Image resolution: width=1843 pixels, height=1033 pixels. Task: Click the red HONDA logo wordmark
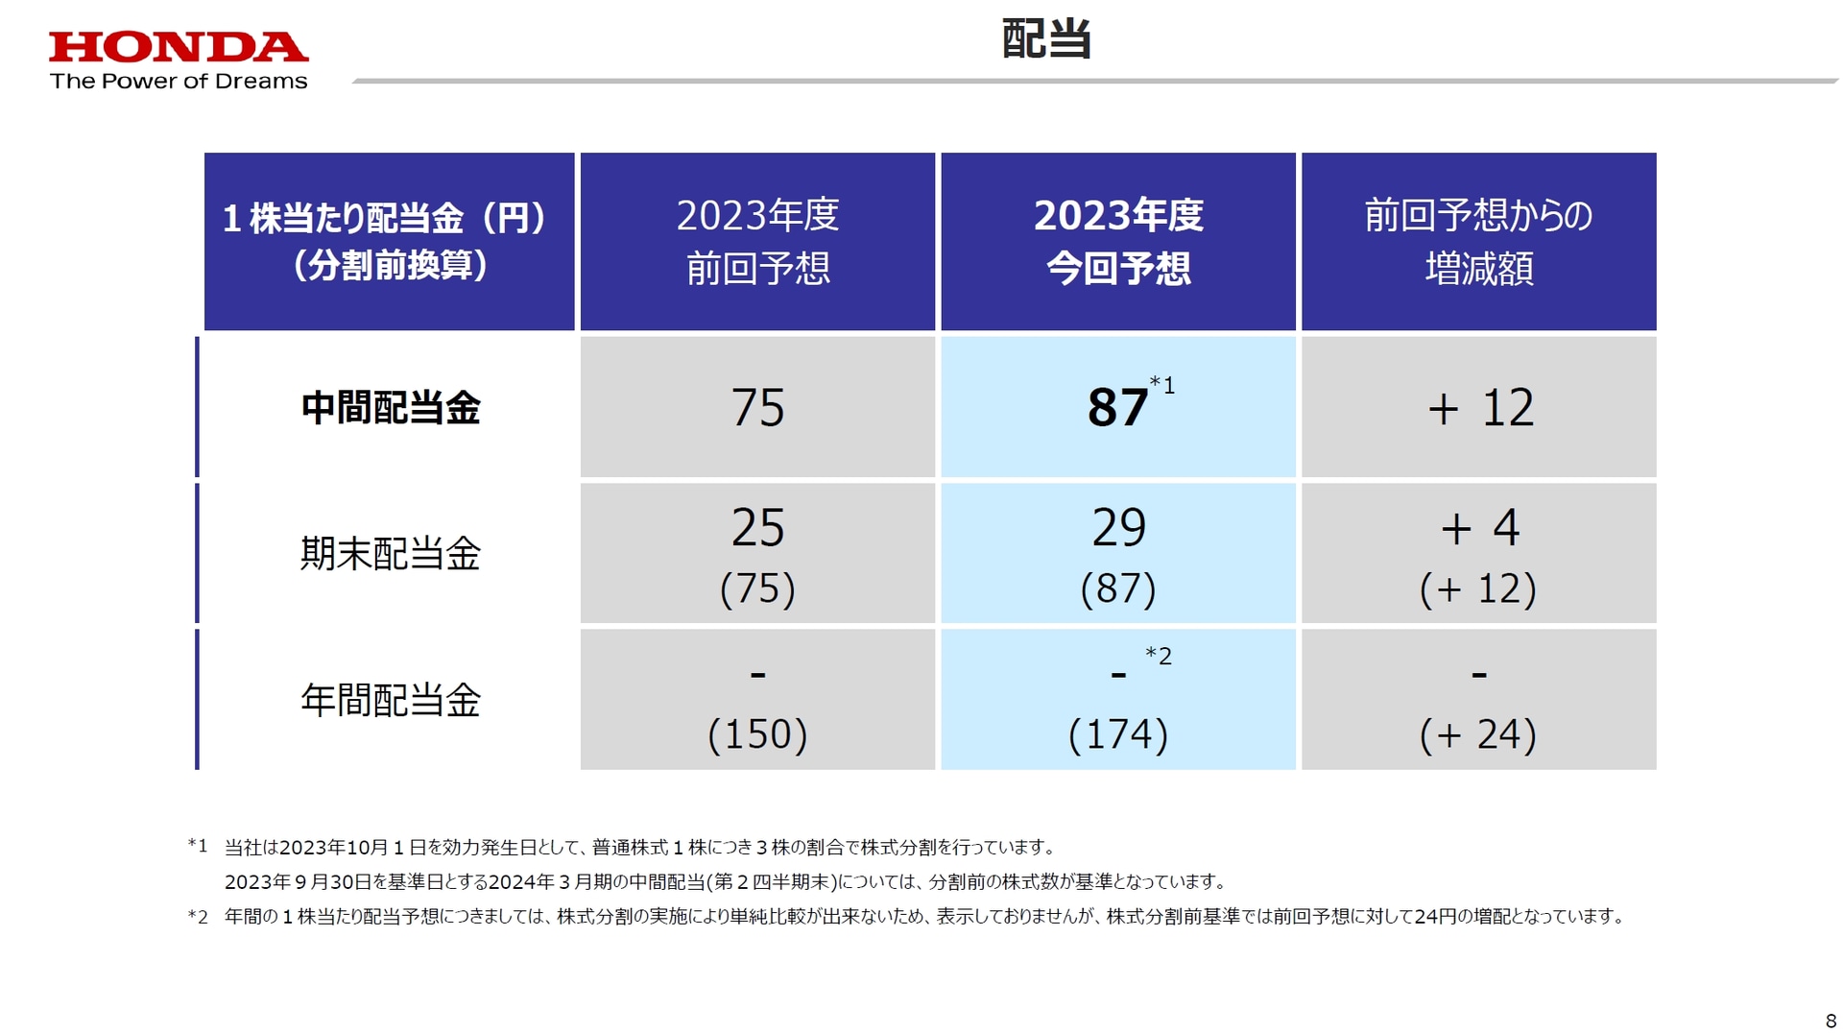(x=179, y=47)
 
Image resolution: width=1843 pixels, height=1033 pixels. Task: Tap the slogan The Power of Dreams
(x=179, y=82)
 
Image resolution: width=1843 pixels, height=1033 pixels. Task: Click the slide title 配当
(x=1046, y=39)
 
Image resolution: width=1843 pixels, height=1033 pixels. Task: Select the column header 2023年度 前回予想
(x=757, y=242)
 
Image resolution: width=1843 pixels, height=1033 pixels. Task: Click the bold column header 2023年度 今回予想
(x=1118, y=242)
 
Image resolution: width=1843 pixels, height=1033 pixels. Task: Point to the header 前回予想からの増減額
(x=1478, y=242)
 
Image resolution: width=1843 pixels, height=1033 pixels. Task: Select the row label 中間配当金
(x=390, y=408)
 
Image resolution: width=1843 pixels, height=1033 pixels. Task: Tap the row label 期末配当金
(x=390, y=554)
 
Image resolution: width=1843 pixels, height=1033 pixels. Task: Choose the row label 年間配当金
(x=390, y=701)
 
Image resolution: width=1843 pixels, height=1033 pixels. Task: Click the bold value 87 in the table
(x=1117, y=408)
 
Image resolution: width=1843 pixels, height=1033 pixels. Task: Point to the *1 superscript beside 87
(x=1162, y=386)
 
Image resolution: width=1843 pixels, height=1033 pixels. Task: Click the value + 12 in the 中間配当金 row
(x=1480, y=408)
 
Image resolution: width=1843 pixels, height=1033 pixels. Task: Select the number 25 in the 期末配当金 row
(x=757, y=528)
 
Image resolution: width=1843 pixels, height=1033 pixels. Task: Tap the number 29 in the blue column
(x=1118, y=528)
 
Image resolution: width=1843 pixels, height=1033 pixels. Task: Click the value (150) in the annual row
(x=757, y=734)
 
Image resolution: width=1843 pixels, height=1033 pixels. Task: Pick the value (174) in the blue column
(x=1118, y=734)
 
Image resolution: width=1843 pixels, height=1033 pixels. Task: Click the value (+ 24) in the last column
(x=1478, y=734)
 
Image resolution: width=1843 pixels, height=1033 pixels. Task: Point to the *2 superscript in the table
(x=1159, y=657)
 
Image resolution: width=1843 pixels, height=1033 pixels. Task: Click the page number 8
(x=1830, y=1021)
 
